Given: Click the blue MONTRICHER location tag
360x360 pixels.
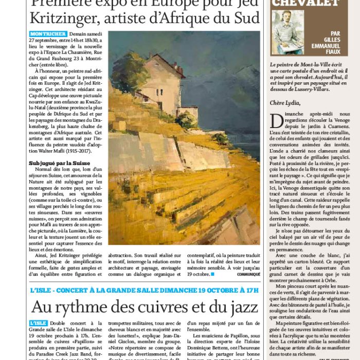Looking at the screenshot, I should point(44,34).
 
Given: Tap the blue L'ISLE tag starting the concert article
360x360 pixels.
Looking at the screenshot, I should point(39,323).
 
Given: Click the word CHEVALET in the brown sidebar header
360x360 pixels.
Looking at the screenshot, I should point(305,3).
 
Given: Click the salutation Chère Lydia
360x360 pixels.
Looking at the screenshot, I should point(285,102).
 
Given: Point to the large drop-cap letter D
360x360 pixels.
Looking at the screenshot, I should point(276,121).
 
